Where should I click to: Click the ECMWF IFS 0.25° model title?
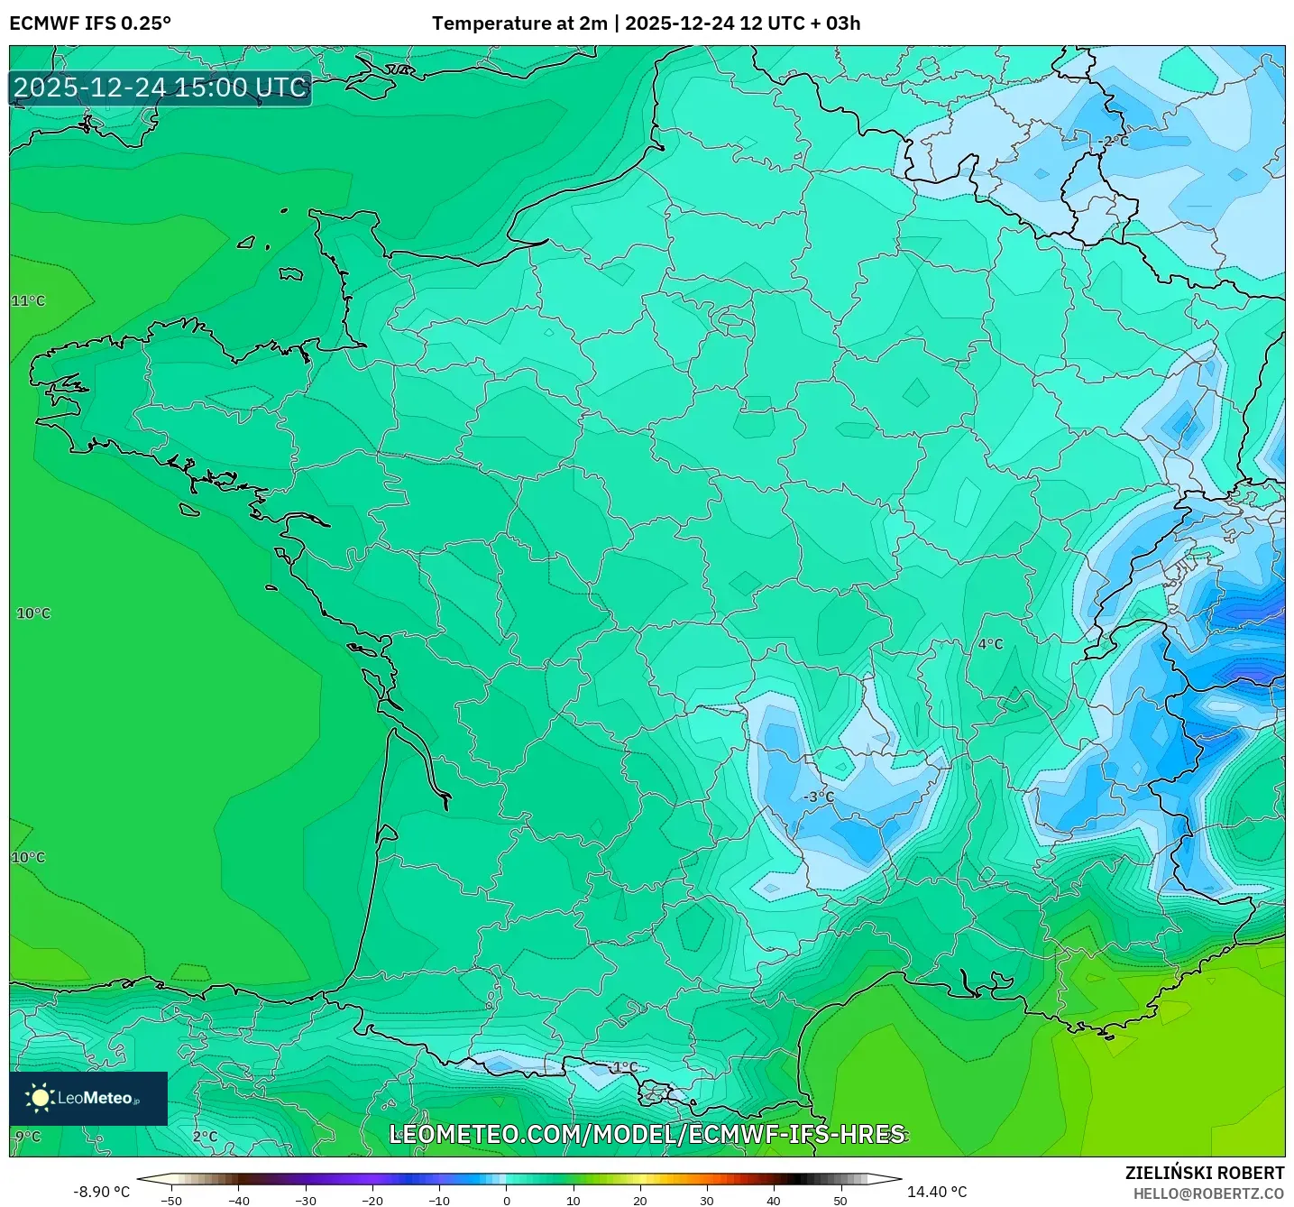[90, 23]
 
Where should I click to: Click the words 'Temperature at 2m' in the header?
[519, 23]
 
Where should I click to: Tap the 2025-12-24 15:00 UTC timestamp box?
[161, 88]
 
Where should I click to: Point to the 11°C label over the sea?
[28, 301]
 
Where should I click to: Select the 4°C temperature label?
[990, 644]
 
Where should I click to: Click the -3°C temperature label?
[819, 797]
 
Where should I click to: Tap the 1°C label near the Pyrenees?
[625, 1068]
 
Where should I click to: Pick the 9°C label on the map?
[28, 1137]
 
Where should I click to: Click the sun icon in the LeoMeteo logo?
[40, 1098]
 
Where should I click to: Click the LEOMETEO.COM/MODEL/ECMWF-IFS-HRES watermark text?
[647, 1135]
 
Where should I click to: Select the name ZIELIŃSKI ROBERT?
[1204, 1173]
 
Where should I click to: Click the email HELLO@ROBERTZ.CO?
[1208, 1193]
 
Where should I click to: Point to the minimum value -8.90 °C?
[101, 1192]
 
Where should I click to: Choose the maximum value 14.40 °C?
[937, 1192]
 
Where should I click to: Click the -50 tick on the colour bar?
[170, 1200]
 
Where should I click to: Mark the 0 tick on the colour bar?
[507, 1200]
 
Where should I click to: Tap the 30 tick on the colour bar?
[707, 1200]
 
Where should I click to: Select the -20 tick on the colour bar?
[372, 1200]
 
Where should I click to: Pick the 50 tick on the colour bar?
[840, 1200]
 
